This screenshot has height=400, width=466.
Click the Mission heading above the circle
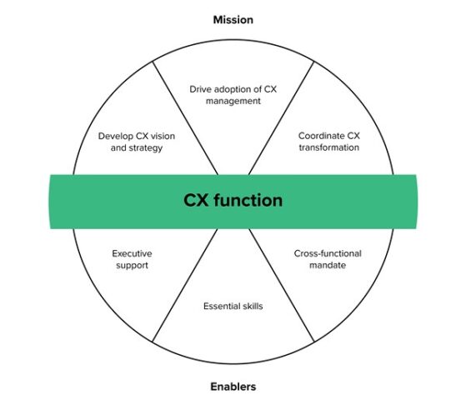[233, 19]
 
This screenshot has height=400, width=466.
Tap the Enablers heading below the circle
[233, 386]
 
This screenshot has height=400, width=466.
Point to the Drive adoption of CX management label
[233, 94]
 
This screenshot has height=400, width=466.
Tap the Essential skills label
[233, 306]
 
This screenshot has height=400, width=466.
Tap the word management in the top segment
[233, 101]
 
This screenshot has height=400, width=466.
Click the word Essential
[219, 306]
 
